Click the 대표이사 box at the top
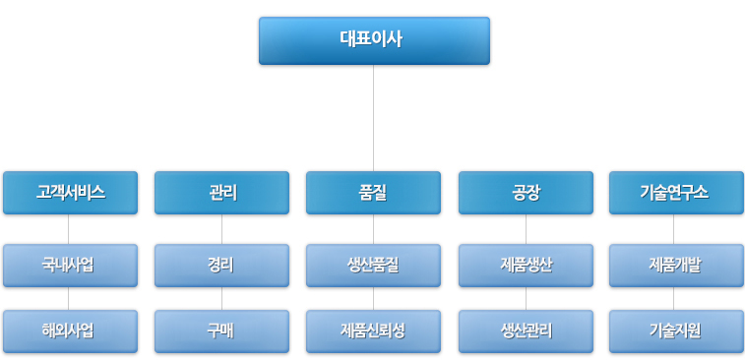[374, 40]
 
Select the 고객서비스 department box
[70, 193]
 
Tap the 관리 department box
[221, 193]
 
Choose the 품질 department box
[373, 193]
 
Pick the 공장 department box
[526, 193]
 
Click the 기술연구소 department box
[676, 193]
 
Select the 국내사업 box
[70, 265]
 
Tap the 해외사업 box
[70, 330]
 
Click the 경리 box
[221, 265]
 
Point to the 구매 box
[221, 330]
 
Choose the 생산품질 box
[373, 265]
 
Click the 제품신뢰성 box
[373, 330]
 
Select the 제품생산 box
[526, 265]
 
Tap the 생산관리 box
[526, 330]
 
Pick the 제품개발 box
[676, 265]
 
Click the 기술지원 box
[676, 330]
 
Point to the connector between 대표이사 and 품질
[373, 118]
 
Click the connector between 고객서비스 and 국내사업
[68, 229]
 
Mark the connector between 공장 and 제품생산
[526, 229]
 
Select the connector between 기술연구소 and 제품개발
[673, 229]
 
